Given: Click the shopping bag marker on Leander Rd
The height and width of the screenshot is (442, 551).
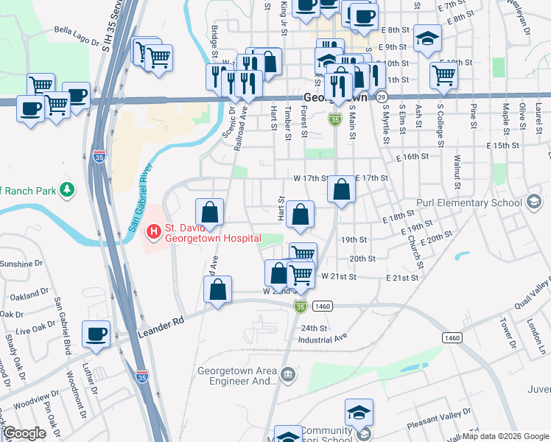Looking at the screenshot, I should click(218, 290).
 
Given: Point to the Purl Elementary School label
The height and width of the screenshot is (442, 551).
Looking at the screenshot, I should click(479, 203).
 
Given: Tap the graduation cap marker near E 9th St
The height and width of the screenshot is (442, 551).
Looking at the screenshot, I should click(427, 40).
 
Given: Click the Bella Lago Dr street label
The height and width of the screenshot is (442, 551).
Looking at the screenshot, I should click(78, 32).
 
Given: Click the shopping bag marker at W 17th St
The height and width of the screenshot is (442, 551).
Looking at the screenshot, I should click(341, 190).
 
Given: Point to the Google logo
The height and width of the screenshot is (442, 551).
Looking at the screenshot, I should click(24, 433).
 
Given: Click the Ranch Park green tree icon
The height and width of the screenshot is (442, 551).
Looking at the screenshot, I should click(68, 191).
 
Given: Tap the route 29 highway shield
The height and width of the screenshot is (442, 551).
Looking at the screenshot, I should click(380, 97).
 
